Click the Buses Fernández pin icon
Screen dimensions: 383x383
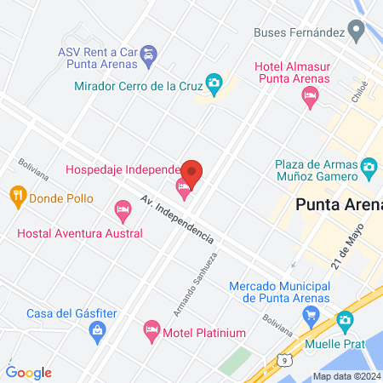click(358, 32)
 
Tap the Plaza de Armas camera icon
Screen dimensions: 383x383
click(369, 165)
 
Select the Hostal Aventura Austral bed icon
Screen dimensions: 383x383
click(123, 209)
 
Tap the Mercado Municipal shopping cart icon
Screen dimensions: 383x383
click(311, 316)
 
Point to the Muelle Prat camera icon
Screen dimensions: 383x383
click(345, 321)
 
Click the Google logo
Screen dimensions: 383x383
click(29, 372)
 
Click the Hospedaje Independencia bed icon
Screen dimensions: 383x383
click(183, 186)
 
